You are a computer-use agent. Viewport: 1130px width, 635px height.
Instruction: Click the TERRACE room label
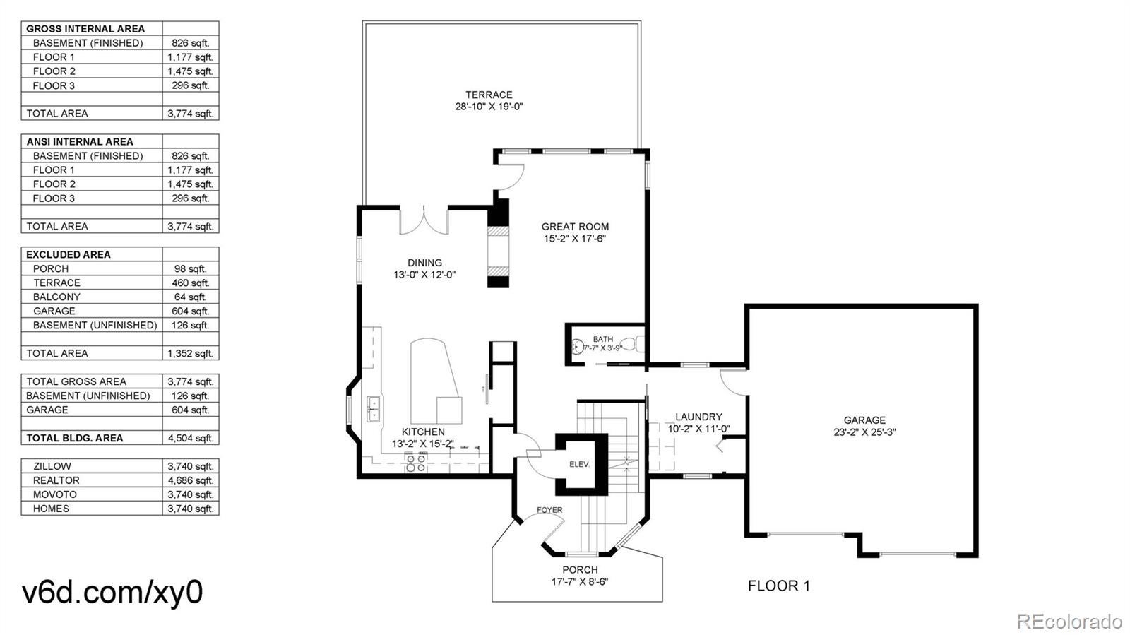point(489,95)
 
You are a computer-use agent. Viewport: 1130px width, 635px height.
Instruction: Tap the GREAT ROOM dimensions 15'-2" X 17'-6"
point(575,239)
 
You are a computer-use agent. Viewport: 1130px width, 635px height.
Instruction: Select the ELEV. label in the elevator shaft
point(579,465)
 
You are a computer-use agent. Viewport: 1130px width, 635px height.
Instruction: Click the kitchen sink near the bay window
point(373,408)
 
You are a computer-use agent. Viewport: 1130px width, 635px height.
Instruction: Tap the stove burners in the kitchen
point(415,463)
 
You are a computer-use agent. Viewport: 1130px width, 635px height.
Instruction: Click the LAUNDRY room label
point(698,417)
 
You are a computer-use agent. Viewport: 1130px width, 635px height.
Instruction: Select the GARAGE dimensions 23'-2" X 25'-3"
point(864,432)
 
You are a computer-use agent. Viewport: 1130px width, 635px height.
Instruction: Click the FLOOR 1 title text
point(778,586)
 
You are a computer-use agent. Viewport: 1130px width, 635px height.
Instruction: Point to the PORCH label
point(580,569)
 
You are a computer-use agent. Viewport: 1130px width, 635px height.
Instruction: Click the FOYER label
point(549,509)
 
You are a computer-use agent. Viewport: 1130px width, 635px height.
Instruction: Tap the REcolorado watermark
point(1069,622)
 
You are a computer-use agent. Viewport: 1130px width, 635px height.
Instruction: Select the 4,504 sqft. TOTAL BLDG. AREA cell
point(190,438)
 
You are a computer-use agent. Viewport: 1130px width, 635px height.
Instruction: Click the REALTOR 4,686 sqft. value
point(190,480)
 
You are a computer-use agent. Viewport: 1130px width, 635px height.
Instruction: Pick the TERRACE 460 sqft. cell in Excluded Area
point(190,283)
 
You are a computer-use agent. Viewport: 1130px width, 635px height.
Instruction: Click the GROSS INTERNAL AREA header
point(85,29)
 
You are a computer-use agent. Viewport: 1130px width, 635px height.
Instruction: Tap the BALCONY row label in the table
point(56,297)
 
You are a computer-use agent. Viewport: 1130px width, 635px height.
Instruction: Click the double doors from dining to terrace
point(424,220)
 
